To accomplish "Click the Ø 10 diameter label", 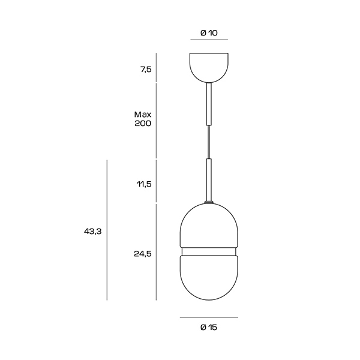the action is coord(209,33).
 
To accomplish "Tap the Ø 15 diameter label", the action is coord(209,328).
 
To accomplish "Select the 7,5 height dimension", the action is coord(146,70).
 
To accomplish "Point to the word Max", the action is coord(143,115).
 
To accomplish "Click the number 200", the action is coord(143,124).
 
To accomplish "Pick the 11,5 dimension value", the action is coord(145,184).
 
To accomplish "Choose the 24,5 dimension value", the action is coord(143,254).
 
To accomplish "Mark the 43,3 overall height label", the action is coord(93,232).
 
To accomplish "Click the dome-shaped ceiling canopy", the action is coord(209,67).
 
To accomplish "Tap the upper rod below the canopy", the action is coord(209,104).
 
